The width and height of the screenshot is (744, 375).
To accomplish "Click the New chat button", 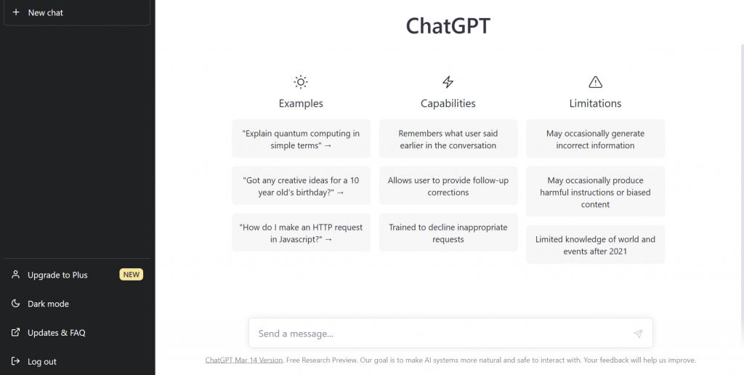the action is coord(77,13).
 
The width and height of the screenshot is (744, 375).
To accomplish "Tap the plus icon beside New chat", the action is coord(16,12).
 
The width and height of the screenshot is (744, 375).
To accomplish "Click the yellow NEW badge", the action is coord(131,275).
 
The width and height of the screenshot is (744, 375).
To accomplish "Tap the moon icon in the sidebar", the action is coord(16,303).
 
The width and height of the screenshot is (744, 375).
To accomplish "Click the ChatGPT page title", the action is coord(448,25).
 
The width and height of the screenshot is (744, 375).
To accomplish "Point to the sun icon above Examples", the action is coord(301,82).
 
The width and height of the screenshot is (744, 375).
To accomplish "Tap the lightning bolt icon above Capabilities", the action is coord(448,82).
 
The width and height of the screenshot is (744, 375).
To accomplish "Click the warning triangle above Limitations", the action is coord(596,82).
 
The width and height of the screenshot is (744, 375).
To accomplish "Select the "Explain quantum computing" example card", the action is coord(301,139).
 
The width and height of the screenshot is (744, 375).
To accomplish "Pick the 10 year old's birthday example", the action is coord(301,185).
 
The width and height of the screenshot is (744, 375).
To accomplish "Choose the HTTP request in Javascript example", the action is coord(301,233).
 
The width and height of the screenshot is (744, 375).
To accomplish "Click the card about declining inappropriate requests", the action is coord(448,233).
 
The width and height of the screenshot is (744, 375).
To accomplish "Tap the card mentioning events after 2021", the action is coord(596,244).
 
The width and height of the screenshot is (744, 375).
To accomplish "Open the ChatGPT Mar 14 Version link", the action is coord(244,360).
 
